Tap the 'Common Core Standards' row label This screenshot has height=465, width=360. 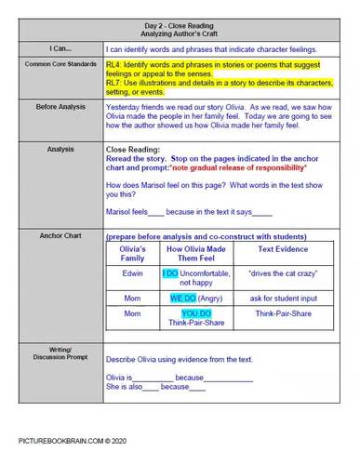point(53,65)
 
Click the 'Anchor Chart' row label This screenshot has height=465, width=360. point(53,236)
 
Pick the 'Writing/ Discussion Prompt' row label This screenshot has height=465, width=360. point(53,354)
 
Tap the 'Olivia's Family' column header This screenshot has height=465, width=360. point(133,254)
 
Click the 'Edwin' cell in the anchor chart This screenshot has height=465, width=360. point(133,275)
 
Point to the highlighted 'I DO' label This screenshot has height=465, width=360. point(170,274)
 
